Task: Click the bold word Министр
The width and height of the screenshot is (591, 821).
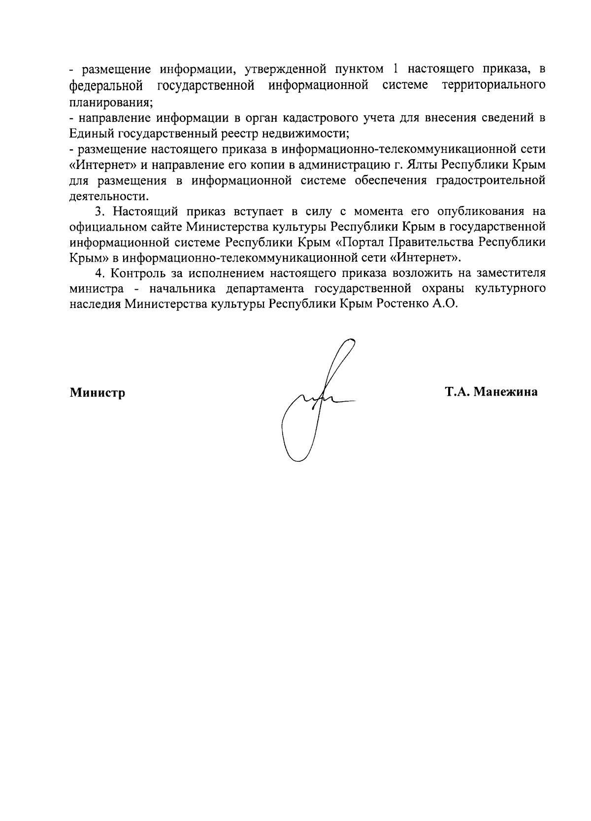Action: [97, 393]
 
